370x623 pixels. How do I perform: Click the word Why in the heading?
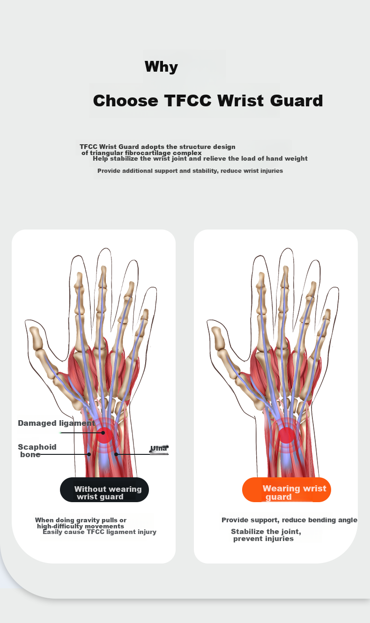pos(161,67)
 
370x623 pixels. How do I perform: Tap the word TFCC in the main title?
pos(188,100)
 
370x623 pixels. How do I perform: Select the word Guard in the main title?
pos(296,100)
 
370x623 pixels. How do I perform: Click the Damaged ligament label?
pos(56,423)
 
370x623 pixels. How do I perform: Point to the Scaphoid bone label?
pos(37,451)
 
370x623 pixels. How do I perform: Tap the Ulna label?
pos(159,448)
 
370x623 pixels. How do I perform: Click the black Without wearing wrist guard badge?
pos(104,489)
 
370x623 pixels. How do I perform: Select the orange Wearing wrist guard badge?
pos(286,489)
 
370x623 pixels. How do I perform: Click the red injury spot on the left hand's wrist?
pos(104,436)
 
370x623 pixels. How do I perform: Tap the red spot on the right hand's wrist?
pos(286,435)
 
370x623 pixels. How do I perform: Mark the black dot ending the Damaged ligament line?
pos(103,433)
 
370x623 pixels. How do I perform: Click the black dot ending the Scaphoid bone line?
pos(89,454)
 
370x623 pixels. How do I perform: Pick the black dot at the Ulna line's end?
pos(116,454)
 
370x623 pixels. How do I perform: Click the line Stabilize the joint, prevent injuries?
pos(266,535)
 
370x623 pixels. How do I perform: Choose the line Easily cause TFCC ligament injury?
pos(99,532)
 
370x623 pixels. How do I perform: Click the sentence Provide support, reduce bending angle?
pos(289,520)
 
